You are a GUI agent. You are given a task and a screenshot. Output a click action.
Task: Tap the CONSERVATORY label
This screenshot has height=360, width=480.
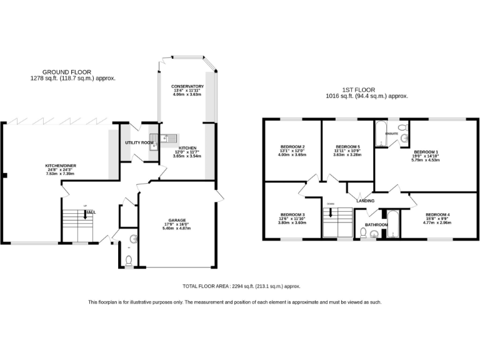point(187,86)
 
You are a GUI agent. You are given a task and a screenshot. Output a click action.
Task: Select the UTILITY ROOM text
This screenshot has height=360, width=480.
point(139,143)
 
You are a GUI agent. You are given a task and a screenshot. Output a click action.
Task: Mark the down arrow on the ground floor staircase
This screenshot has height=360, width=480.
point(86,216)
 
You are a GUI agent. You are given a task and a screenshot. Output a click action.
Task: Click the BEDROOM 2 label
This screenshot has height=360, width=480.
point(292,149)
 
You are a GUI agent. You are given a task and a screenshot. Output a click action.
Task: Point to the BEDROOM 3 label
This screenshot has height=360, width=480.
point(292,214)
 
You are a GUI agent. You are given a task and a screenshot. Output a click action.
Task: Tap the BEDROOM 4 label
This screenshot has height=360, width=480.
point(436,215)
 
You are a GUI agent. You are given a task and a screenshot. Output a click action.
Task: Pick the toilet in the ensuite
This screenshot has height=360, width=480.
point(404,138)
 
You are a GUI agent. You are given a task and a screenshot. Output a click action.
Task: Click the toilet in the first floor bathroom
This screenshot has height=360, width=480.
point(364,233)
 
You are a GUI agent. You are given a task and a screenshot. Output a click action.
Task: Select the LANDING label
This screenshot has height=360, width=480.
point(366,201)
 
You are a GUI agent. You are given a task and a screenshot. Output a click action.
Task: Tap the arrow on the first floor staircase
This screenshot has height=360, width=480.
point(331,212)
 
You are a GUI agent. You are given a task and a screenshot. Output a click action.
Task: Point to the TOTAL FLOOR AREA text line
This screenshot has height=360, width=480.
point(241,286)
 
